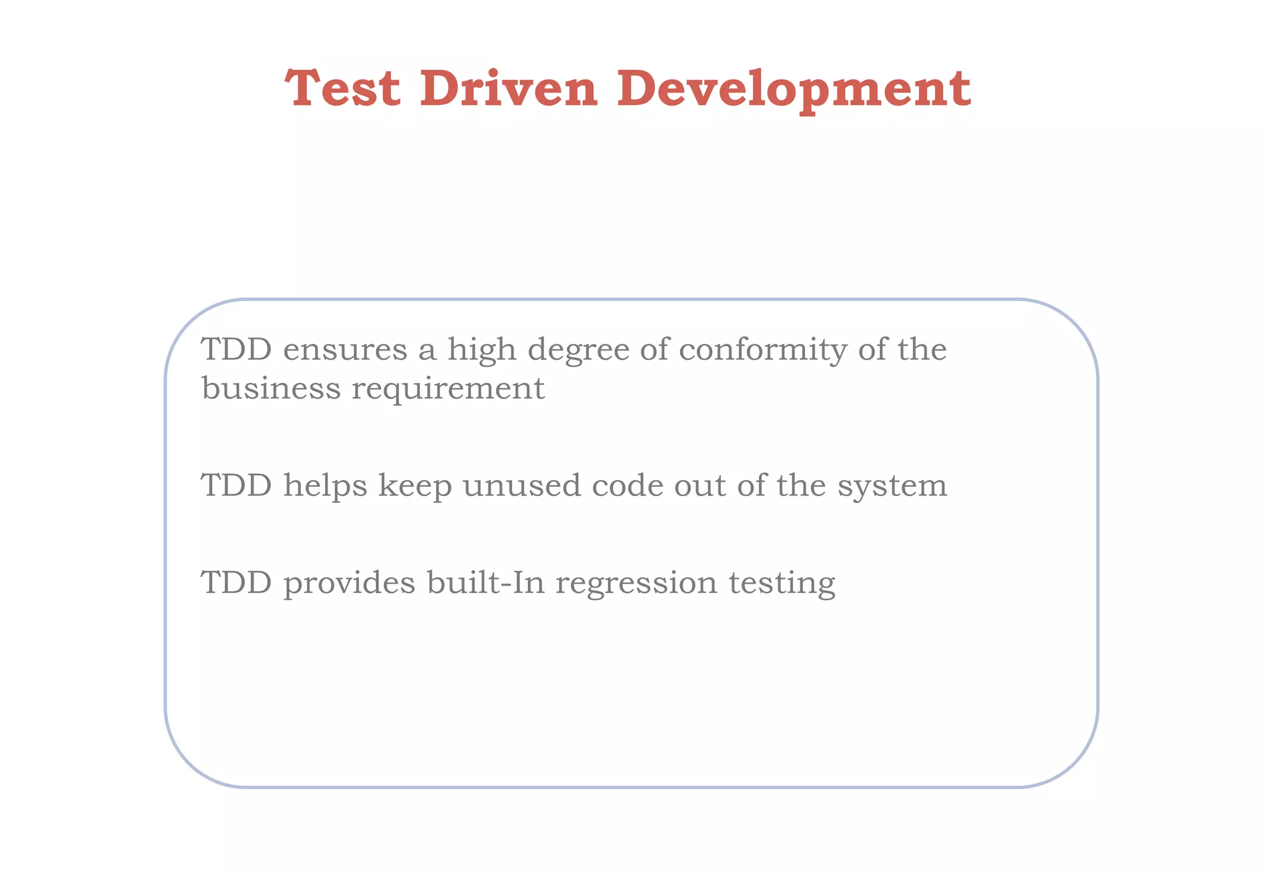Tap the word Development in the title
(x=793, y=89)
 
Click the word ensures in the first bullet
(x=345, y=350)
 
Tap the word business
(x=271, y=389)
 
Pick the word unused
(x=522, y=486)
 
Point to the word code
(x=627, y=486)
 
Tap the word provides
(x=350, y=584)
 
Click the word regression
(x=636, y=584)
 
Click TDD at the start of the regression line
(x=237, y=583)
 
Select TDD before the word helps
(x=237, y=486)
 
